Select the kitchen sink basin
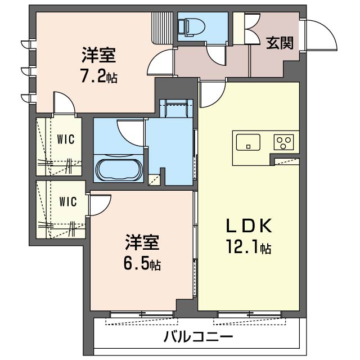pyautogui.click(x=248, y=142)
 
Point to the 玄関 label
pyautogui.click(x=280, y=43)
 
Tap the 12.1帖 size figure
pyautogui.click(x=249, y=247)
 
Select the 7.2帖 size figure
pyautogui.click(x=99, y=76)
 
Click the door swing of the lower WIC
pyautogui.click(x=96, y=205)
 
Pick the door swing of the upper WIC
pyautogui.click(x=64, y=104)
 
